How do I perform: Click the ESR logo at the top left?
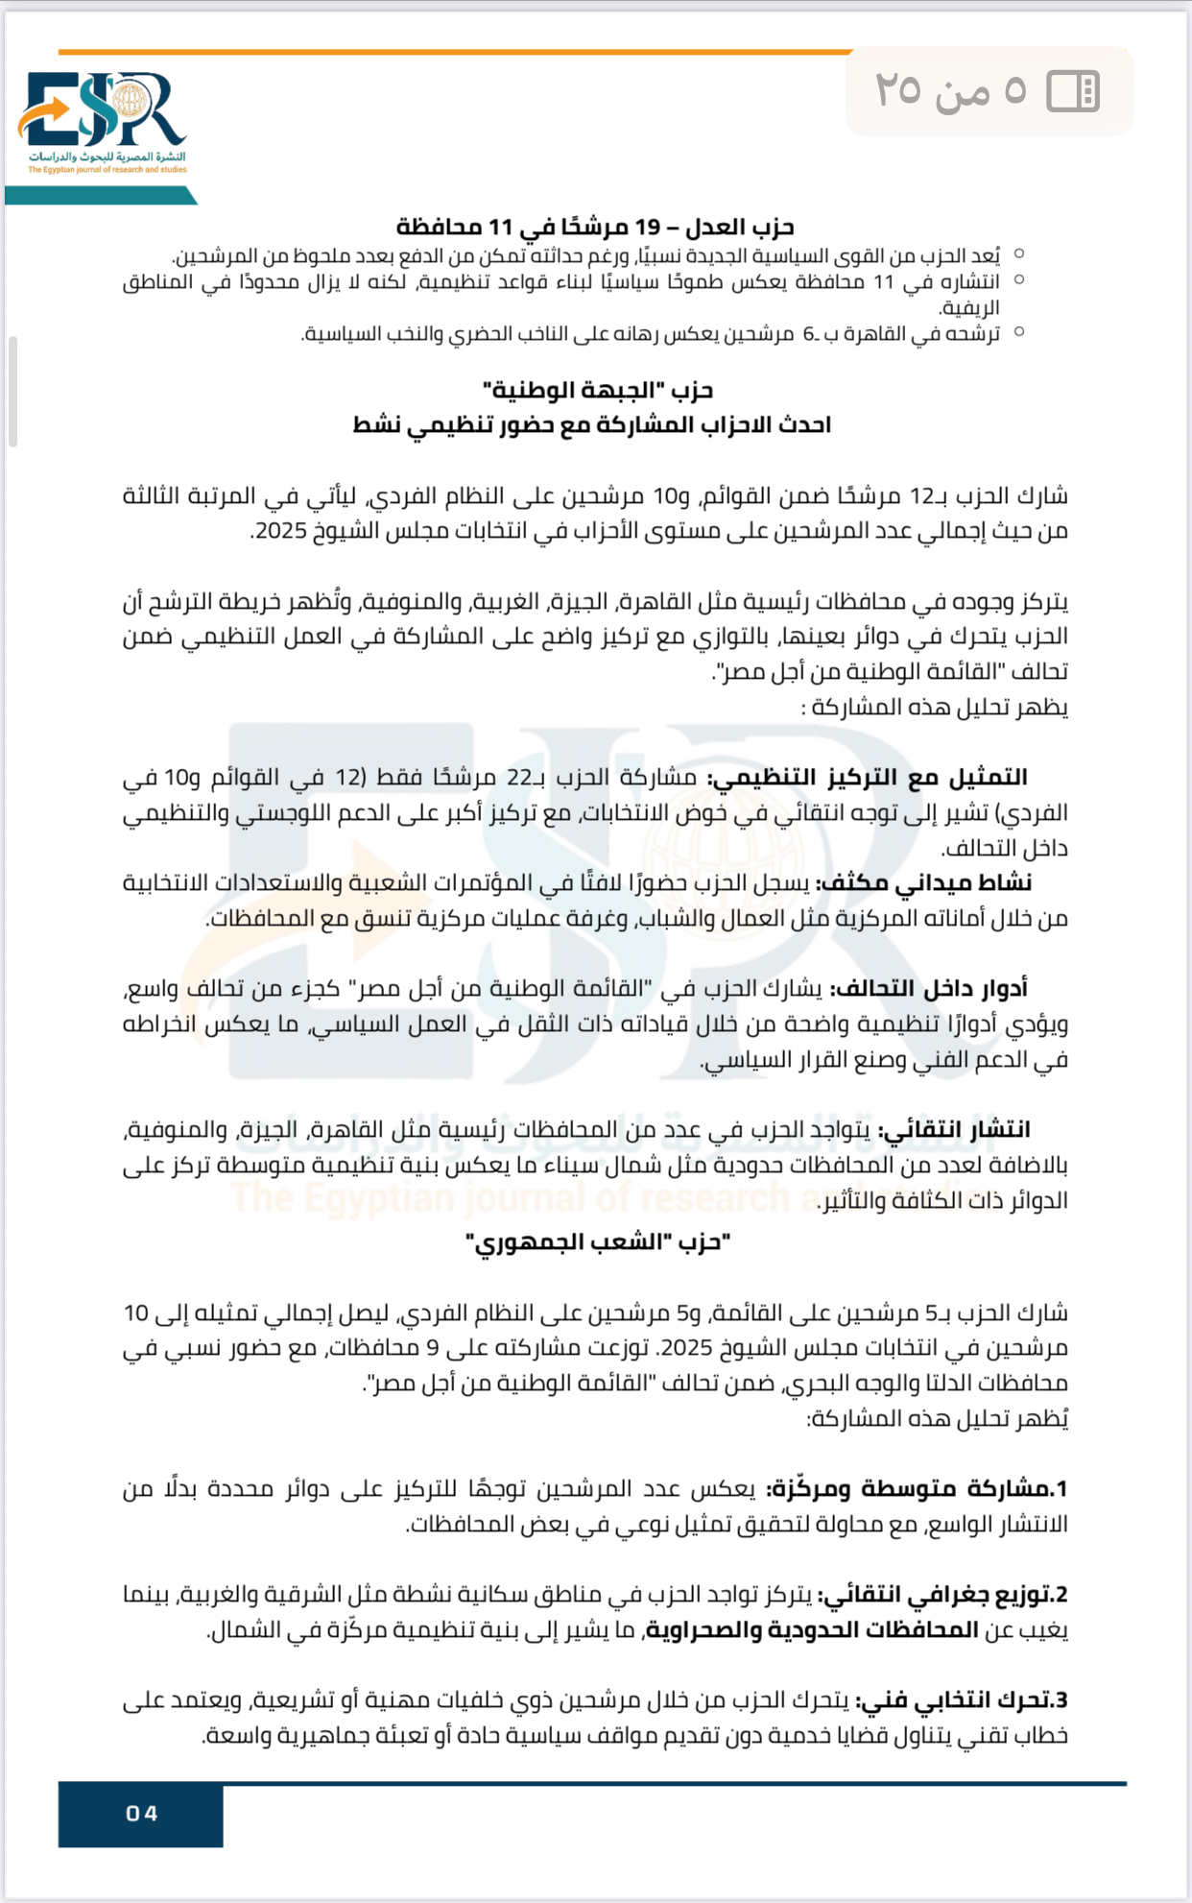[x=104, y=121]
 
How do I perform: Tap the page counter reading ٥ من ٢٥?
[x=950, y=91]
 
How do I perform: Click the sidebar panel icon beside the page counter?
[x=1072, y=91]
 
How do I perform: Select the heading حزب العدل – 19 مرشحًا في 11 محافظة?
[x=595, y=228]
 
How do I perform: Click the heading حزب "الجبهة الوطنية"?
[x=598, y=390]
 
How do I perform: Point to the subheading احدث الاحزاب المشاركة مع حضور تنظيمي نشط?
[x=591, y=424]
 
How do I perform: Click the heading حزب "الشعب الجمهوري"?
[x=598, y=1242]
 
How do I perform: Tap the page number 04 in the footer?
[x=141, y=1813]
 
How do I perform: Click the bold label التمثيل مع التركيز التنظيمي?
[x=869, y=777]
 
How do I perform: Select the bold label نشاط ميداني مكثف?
[x=924, y=882]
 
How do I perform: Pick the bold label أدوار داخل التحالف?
[x=929, y=988]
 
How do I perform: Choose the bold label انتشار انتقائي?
[x=954, y=1129]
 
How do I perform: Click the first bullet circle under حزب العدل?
[x=1019, y=254]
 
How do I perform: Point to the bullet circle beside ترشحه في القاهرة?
[x=1019, y=332]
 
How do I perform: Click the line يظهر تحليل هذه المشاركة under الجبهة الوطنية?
[x=935, y=708]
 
